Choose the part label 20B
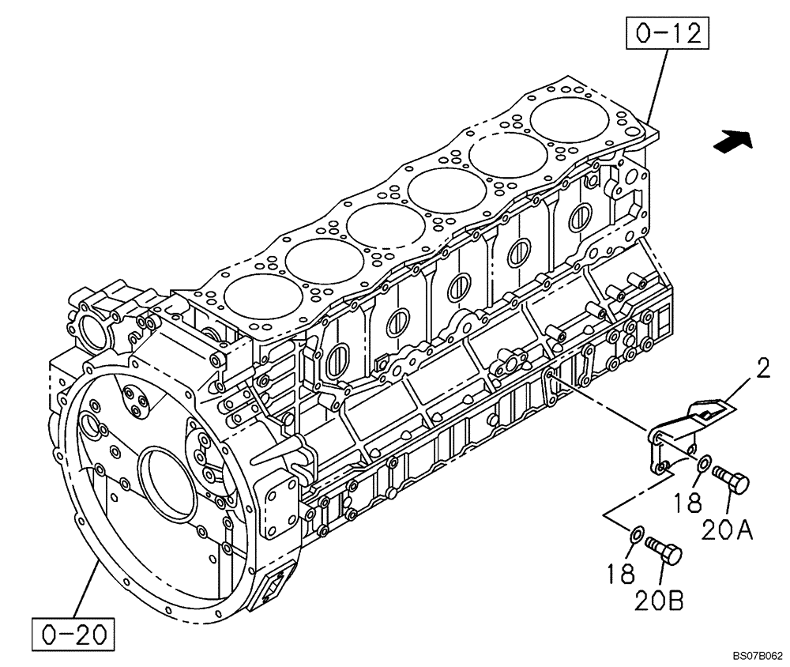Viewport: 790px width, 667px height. tap(657, 601)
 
